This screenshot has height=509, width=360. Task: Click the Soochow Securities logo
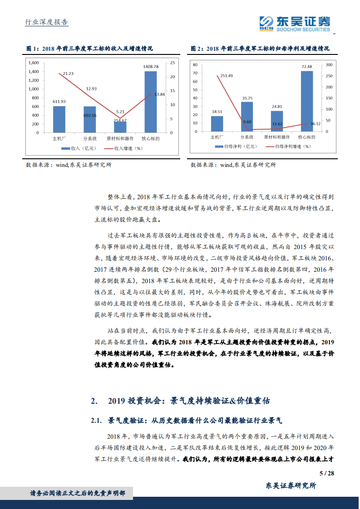coord(294,23)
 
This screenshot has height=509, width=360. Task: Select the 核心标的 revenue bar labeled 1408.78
coord(151,102)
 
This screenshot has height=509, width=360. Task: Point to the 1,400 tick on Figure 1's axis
coord(33,71)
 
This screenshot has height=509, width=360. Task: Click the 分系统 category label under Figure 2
coord(247,137)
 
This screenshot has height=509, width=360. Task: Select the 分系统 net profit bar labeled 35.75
coord(247,117)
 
